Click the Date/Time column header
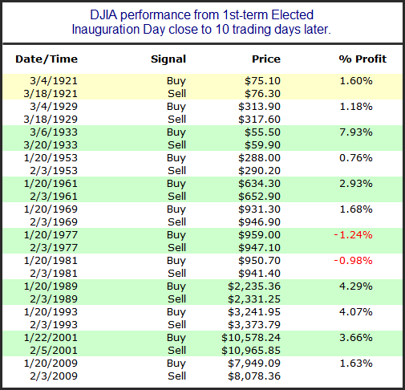(47, 59)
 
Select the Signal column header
(168, 59)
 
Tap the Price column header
(266, 59)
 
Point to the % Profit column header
(362, 59)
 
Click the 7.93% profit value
(356, 132)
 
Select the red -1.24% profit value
(353, 235)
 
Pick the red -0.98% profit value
(353, 261)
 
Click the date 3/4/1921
(54, 81)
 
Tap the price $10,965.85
(251, 351)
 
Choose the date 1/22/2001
(51, 338)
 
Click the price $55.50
(262, 132)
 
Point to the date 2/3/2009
(54, 376)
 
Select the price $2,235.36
(254, 286)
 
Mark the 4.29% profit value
(356, 286)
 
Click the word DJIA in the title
(103, 15)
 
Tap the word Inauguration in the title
(106, 30)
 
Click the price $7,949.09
(254, 364)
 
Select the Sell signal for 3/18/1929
(176, 120)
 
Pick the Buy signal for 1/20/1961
(176, 184)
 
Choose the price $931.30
(259, 209)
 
